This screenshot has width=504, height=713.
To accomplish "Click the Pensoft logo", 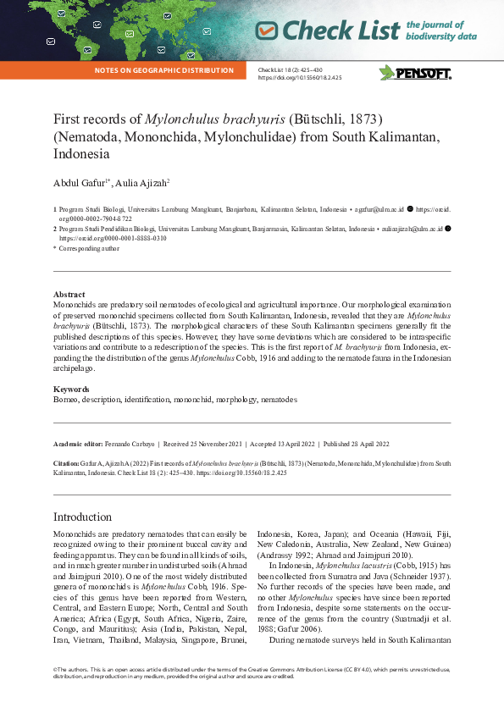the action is click(x=414, y=73).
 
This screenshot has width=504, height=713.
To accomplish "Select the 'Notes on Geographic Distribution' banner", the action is click(x=164, y=71).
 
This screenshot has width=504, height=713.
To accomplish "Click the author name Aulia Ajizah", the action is click(x=142, y=182).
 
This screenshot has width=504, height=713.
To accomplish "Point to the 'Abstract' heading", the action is click(x=69, y=295).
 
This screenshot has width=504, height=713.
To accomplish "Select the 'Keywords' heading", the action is click(x=71, y=390).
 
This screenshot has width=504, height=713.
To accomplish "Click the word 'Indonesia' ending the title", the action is click(x=81, y=155).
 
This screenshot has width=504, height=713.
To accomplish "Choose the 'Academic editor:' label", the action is click(x=79, y=444).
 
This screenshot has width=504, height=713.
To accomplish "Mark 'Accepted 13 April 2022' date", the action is click(x=279, y=444).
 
